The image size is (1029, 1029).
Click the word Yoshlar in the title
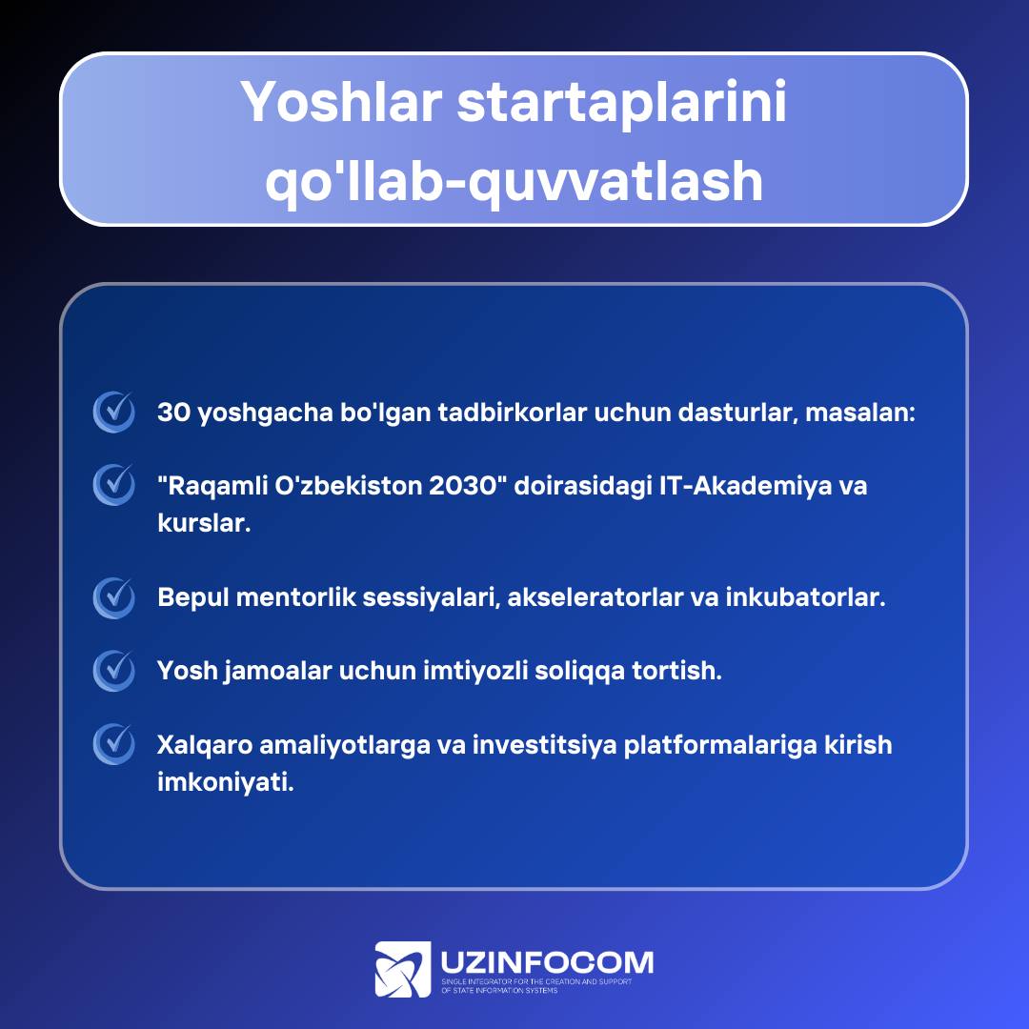click(x=340, y=102)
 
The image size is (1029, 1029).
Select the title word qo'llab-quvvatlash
click(x=514, y=181)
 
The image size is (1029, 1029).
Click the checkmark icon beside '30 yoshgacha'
click(x=113, y=412)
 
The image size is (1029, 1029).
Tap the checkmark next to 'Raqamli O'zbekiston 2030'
click(x=113, y=484)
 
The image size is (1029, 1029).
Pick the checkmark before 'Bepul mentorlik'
click(x=113, y=597)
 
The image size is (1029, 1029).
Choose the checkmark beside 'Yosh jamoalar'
click(x=113, y=670)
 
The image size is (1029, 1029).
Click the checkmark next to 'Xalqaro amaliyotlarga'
click(x=113, y=743)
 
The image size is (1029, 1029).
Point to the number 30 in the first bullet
click(x=174, y=413)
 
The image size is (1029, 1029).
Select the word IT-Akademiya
click(x=745, y=486)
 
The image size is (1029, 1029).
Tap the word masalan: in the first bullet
click(x=859, y=413)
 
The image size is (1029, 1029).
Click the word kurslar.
click(x=204, y=523)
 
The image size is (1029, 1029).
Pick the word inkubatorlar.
click(x=805, y=597)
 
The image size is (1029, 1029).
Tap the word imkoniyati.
click(x=225, y=782)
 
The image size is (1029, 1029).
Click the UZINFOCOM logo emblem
click(x=402, y=969)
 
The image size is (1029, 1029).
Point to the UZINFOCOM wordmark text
click(x=547, y=962)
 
